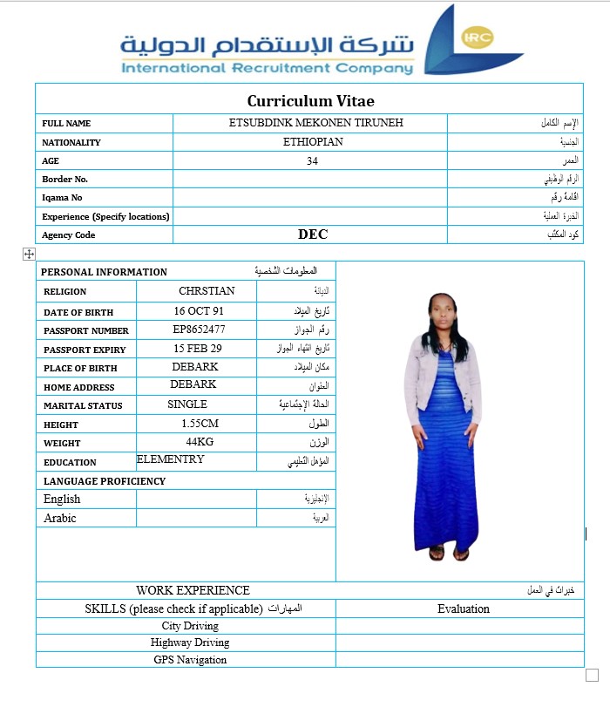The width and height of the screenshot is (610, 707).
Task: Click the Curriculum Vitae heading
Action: click(x=310, y=101)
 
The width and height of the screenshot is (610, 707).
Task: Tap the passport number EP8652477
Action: click(x=200, y=330)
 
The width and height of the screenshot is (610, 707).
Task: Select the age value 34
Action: click(x=313, y=160)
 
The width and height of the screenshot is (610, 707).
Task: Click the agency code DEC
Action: click(x=313, y=234)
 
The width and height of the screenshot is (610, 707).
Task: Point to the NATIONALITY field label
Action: click(x=71, y=142)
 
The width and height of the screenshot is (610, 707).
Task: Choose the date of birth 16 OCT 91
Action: click(x=199, y=310)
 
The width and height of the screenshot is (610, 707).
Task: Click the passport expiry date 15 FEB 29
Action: click(x=198, y=349)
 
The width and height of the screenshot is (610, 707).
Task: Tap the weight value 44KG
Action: click(x=200, y=442)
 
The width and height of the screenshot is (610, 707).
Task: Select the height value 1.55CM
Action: click(x=200, y=423)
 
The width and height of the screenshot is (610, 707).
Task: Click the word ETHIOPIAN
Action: click(x=313, y=141)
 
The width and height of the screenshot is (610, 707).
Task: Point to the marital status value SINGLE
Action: click(x=187, y=404)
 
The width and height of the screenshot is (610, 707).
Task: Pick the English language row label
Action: click(x=62, y=499)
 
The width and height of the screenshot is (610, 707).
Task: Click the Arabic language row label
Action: click(x=60, y=518)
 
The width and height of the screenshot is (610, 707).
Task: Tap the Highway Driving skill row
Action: click(x=190, y=642)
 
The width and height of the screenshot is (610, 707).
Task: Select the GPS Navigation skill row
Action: click(x=190, y=660)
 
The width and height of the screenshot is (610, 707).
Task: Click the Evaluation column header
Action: click(x=463, y=608)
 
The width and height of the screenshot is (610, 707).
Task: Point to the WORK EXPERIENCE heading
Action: click(x=193, y=590)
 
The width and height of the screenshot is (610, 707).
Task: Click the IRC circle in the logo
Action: click(x=478, y=37)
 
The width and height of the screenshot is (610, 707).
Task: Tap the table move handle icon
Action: click(x=29, y=254)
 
